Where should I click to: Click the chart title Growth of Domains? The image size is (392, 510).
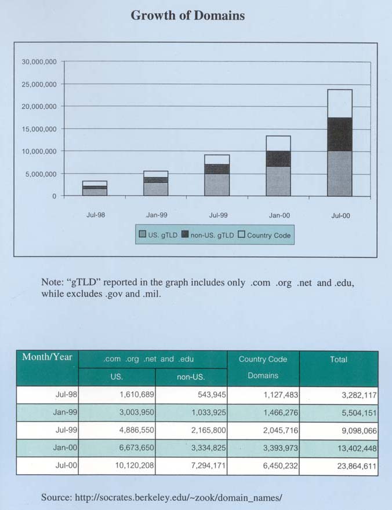(x=188, y=15)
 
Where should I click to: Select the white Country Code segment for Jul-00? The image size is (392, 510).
(x=340, y=104)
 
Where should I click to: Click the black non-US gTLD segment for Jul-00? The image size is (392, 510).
(x=340, y=134)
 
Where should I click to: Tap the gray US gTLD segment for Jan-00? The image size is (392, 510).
(x=278, y=181)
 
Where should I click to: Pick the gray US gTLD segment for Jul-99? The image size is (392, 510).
(x=217, y=185)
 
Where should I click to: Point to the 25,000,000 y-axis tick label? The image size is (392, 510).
(x=39, y=85)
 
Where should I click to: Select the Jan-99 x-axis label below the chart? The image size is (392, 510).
(x=157, y=215)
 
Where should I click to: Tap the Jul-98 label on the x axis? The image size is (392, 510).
(x=96, y=215)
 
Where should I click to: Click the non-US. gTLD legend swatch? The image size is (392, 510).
(x=185, y=234)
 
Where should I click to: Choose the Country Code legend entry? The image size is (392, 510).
(x=264, y=235)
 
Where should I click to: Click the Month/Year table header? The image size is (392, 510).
(x=47, y=357)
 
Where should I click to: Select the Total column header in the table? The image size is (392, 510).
(x=339, y=359)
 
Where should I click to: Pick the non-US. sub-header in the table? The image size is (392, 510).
(x=191, y=377)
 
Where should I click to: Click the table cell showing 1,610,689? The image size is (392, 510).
(x=137, y=395)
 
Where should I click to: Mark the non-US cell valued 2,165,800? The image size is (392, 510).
(x=209, y=430)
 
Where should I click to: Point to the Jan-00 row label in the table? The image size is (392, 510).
(x=65, y=447)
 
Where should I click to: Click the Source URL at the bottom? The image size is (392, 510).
(x=178, y=498)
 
